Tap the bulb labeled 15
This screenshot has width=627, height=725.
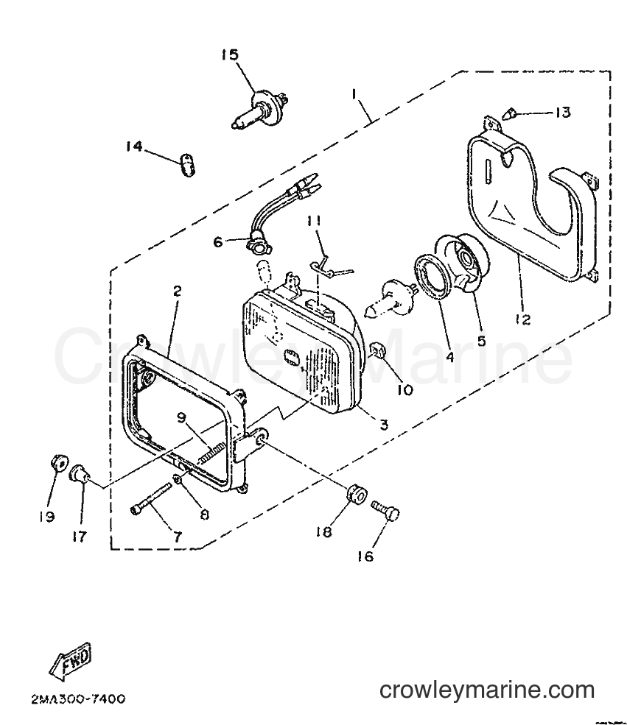(259, 110)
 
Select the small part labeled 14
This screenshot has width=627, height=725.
(188, 165)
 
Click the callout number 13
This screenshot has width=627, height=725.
(563, 113)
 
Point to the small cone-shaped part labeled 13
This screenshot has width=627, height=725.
(508, 113)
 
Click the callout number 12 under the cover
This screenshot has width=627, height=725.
(523, 319)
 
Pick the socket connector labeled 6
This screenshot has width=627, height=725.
(258, 242)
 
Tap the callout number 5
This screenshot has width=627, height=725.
(481, 341)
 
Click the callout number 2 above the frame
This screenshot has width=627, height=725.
(178, 291)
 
